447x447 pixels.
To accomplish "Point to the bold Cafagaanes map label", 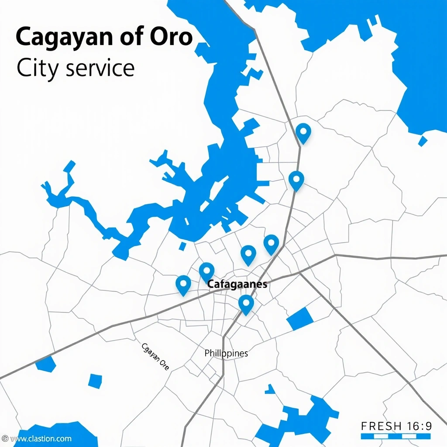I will [x=237, y=284].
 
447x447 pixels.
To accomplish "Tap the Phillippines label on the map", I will [x=226, y=353].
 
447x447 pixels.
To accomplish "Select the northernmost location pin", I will [x=303, y=132].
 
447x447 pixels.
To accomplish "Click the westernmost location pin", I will [x=183, y=285].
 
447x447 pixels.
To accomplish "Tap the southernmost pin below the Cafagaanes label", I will [x=246, y=303].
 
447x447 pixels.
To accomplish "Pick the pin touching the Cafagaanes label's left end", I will [x=206, y=272].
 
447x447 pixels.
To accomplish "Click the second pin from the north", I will [x=296, y=180].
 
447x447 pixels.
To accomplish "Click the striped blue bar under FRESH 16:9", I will [x=396, y=436].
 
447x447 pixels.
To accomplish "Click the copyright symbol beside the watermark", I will [x=4, y=438].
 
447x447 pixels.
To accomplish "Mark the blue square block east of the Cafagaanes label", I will [x=300, y=318].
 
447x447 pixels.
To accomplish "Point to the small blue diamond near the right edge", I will [x=422, y=141].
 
